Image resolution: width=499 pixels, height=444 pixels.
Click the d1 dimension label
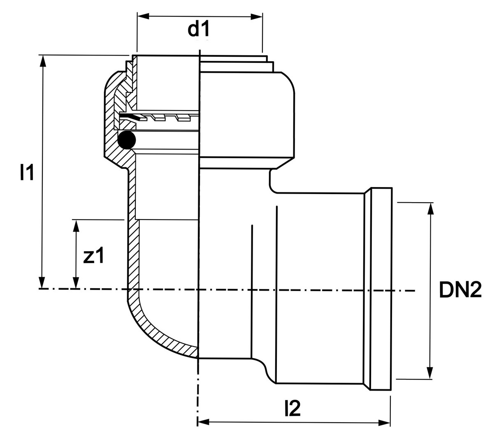click(199, 29)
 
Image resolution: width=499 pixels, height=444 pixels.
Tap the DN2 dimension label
click(460, 290)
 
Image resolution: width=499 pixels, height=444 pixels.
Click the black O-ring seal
click(126, 140)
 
